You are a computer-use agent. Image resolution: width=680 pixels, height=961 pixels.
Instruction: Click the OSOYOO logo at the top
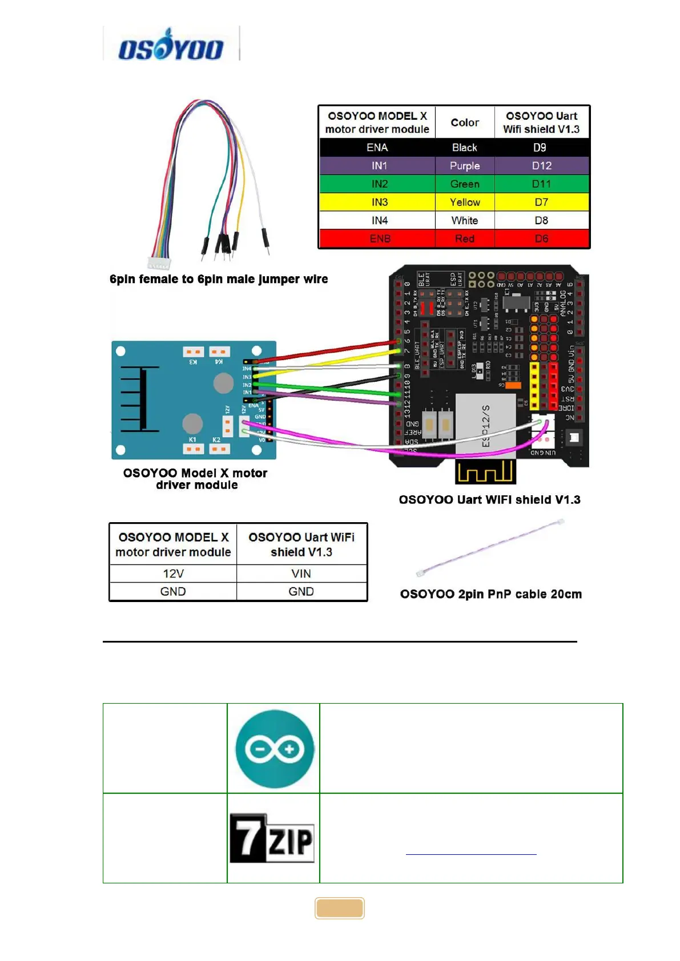(170, 45)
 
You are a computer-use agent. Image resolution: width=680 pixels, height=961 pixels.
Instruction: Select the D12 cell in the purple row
(541, 166)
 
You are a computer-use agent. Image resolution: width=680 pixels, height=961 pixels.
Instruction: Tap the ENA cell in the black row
(377, 148)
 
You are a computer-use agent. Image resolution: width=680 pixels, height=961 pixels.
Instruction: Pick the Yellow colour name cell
(465, 203)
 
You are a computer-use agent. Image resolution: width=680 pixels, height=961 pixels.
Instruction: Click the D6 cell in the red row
(541, 239)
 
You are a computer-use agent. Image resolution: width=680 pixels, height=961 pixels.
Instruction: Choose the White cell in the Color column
(465, 221)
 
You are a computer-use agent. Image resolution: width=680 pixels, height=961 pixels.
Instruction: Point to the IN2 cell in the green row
(379, 184)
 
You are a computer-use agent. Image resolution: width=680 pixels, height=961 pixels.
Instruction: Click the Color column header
(465, 123)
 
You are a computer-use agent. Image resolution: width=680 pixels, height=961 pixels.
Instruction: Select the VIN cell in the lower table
(301, 574)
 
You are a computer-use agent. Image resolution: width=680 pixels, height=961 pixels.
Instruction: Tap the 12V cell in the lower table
(173, 574)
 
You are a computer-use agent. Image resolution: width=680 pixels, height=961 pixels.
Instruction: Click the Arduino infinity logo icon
(275, 749)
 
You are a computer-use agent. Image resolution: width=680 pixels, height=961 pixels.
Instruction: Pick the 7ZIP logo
(272, 838)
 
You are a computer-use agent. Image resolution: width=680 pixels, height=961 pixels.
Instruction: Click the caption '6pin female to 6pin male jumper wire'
(219, 279)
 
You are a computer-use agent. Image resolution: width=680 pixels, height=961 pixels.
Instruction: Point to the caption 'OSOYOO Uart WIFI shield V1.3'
(489, 500)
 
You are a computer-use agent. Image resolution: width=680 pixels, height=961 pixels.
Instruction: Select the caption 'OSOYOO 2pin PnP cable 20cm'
(491, 594)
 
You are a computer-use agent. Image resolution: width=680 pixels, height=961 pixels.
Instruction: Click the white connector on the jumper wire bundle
(159, 264)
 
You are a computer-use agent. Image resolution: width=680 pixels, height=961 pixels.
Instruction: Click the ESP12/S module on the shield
(485, 425)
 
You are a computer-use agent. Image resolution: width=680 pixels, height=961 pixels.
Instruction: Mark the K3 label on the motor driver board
(193, 362)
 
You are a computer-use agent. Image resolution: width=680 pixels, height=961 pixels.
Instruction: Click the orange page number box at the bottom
(340, 908)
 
